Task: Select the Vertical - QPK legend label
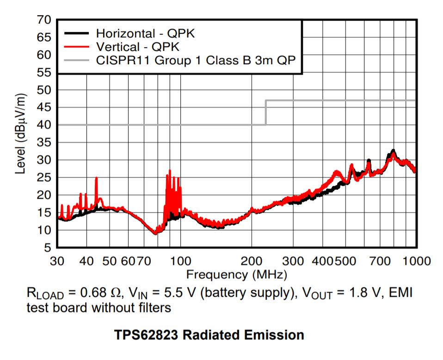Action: pyautogui.click(x=137, y=47)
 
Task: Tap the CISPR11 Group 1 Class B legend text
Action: pyautogui.click(x=196, y=60)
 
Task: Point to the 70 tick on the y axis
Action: pyautogui.click(x=44, y=20)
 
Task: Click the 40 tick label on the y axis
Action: pyautogui.click(x=44, y=125)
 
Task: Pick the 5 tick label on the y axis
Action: pyautogui.click(x=48, y=248)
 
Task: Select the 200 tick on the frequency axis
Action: pyautogui.click(x=252, y=261)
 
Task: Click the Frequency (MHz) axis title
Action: pyautogui.click(x=236, y=275)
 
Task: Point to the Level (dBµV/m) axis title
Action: pyautogui.click(x=21, y=134)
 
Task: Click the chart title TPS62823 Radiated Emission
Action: pyautogui.click(x=209, y=335)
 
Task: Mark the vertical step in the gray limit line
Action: pyautogui.click(x=266, y=112)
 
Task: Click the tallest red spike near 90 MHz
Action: pyautogui.click(x=170, y=171)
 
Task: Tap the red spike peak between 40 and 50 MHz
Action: pyautogui.click(x=96, y=178)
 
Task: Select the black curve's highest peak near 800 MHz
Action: pyautogui.click(x=393, y=150)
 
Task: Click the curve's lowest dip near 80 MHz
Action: pyautogui.click(x=155, y=233)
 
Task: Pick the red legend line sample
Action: pyautogui.click(x=76, y=47)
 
